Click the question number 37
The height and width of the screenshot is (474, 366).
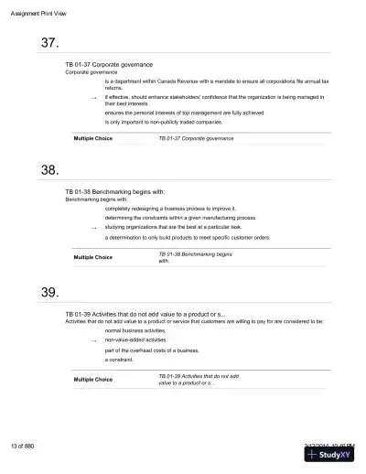[50, 43]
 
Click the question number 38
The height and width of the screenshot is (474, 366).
[50, 170]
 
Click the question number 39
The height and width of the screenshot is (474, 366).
[50, 292]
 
